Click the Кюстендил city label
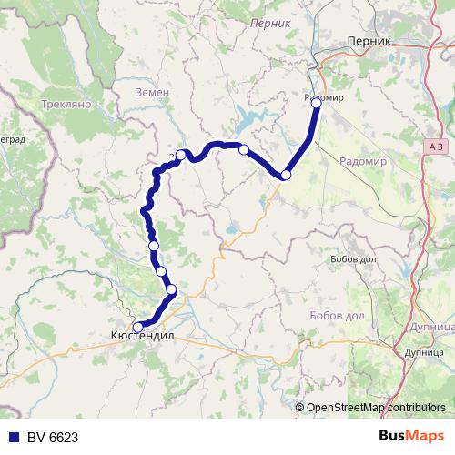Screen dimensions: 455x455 point(141,336)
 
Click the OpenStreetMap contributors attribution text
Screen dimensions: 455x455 point(375,409)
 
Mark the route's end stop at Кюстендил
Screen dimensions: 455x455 point(138,327)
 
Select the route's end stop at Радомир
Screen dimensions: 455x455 point(317,103)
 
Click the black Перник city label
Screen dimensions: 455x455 point(369,41)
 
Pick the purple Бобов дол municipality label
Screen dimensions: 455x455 point(325,315)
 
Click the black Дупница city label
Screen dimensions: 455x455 point(425,350)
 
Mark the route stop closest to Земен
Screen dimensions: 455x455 point(181,155)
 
